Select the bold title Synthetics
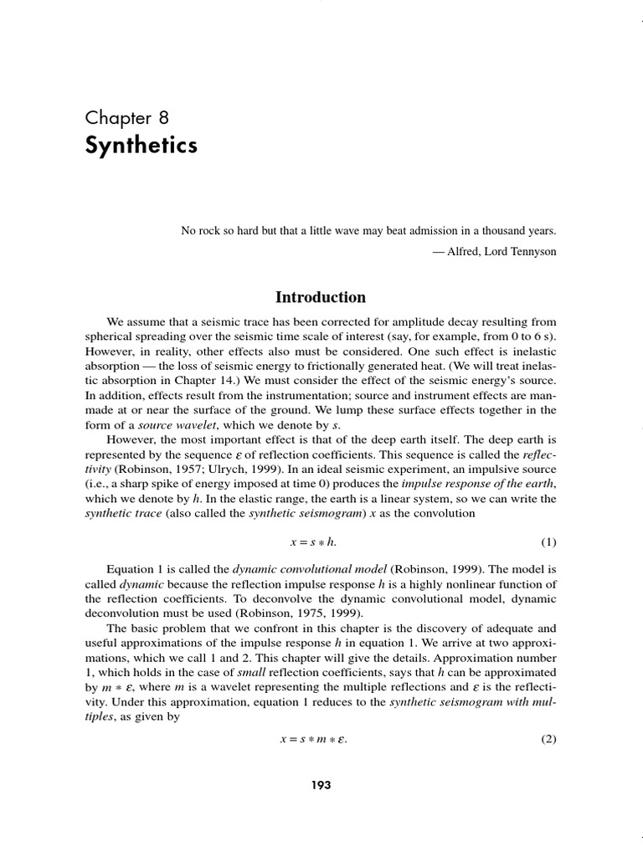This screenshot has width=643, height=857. tap(141, 145)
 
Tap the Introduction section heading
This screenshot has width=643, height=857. tap(321, 297)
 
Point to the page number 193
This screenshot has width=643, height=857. tap(321, 785)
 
